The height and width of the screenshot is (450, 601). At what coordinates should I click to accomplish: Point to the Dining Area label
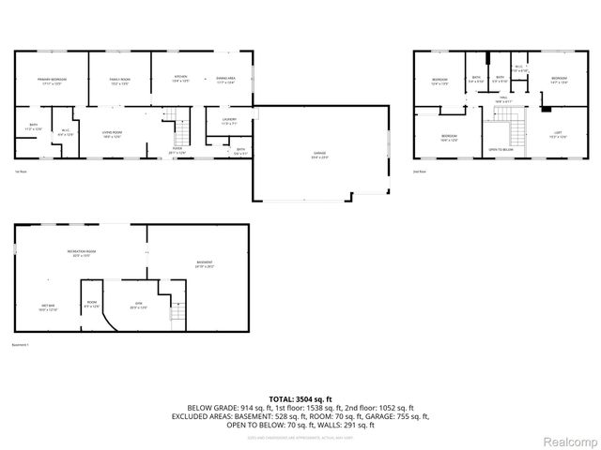click(x=225, y=80)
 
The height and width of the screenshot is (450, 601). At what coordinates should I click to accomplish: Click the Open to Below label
click(x=501, y=149)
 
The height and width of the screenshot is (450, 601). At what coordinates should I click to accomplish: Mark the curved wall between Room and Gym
click(x=109, y=314)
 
